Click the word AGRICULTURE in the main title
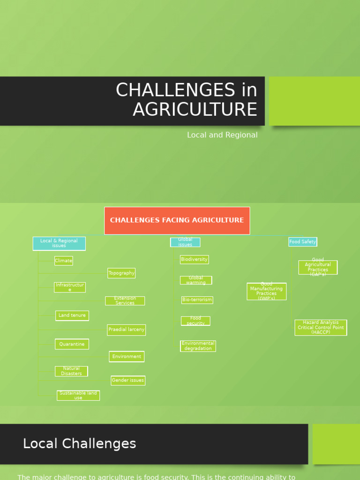pos(195,109)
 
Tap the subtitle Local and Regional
pos(222,135)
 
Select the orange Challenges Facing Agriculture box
pos(177,220)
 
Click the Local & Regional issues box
pos(59,243)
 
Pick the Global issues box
pos(185,242)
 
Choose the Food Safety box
pos(302,242)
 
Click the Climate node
pos(64,261)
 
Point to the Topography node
pos(121,273)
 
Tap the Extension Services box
pos(125,300)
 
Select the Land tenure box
pos(72,315)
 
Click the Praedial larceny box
pos(127,330)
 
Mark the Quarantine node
pos(72,344)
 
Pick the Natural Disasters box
pos(71,371)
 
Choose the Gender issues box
pos(128,380)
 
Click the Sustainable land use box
pos(78,396)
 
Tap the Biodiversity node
pos(194,259)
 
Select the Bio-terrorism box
pos(197,300)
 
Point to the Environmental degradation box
pos(198,346)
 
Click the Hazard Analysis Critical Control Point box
pos(321,328)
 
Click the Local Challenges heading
pos(80,443)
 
